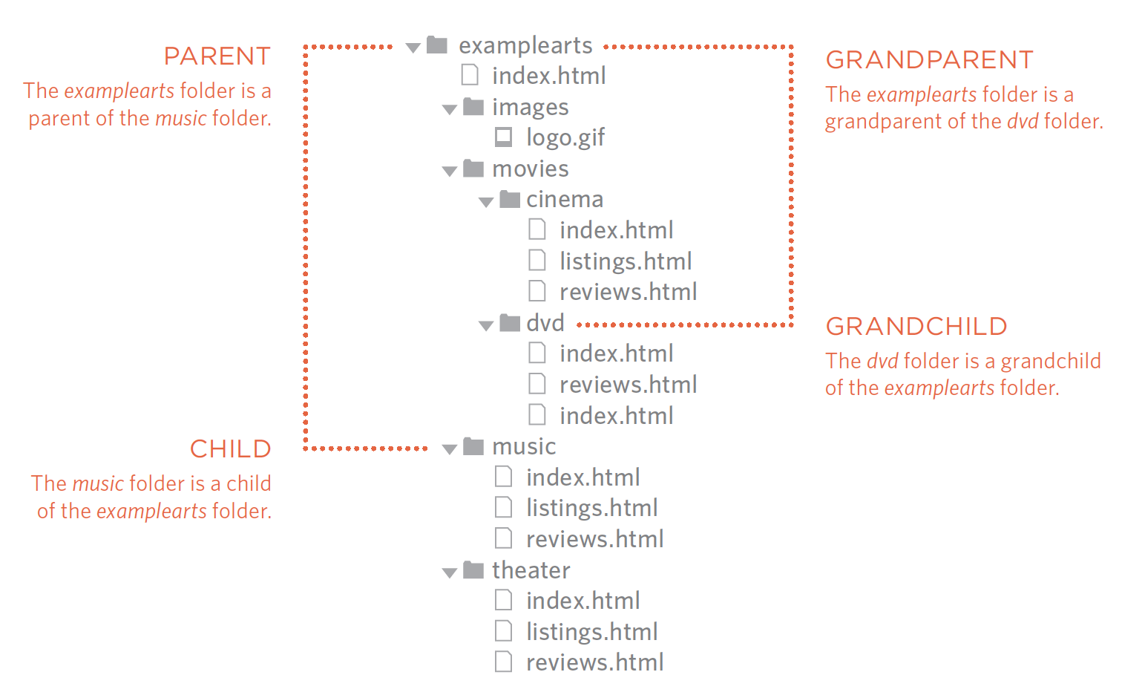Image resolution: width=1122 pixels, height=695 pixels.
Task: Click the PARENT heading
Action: (217, 56)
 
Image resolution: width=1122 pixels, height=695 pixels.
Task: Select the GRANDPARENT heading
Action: (929, 60)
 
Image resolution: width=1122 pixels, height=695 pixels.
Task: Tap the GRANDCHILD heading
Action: (916, 327)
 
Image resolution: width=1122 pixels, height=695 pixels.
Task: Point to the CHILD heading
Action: (230, 449)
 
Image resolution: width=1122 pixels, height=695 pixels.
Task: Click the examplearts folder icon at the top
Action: (437, 45)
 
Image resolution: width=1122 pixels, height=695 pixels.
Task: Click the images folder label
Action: (530, 108)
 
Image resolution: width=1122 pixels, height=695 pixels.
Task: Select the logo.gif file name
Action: (565, 138)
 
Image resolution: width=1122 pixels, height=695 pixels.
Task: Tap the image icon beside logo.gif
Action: (504, 137)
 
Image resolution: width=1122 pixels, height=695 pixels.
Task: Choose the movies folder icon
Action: (473, 169)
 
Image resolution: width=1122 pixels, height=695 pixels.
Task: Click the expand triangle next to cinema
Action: (486, 202)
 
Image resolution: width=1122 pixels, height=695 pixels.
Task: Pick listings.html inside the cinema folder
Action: (625, 261)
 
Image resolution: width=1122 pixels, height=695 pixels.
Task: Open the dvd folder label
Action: (545, 324)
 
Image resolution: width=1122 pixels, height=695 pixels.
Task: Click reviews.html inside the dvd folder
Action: (628, 385)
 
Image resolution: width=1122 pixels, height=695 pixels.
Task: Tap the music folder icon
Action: (473, 446)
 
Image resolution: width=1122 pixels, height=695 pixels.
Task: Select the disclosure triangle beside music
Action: (449, 449)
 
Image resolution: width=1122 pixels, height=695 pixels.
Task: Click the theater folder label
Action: (531, 570)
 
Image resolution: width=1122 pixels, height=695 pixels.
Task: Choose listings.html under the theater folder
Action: (591, 632)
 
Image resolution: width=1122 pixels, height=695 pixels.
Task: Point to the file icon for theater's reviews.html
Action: (504, 662)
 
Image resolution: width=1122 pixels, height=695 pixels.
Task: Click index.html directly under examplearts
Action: (548, 76)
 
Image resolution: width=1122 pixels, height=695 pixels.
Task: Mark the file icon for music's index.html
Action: (504, 477)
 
